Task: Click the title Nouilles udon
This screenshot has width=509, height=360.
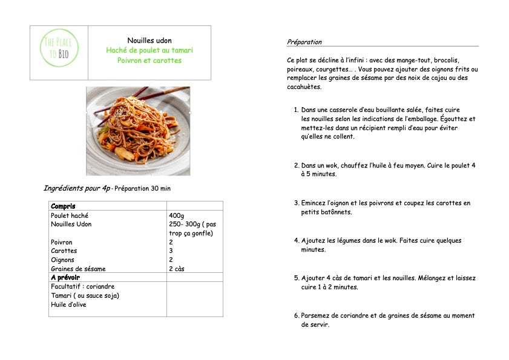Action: click(149, 41)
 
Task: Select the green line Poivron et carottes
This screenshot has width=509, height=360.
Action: click(149, 61)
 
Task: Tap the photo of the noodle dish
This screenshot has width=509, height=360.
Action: click(138, 131)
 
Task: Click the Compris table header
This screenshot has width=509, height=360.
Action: click(63, 206)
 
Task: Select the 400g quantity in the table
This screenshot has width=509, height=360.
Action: click(177, 215)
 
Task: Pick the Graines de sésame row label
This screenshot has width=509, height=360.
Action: click(78, 269)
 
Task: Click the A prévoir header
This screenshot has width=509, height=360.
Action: click(65, 278)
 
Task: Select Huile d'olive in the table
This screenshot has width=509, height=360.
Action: click(68, 304)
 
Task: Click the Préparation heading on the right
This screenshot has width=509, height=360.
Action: click(304, 42)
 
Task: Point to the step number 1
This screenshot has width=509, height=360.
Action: click(296, 110)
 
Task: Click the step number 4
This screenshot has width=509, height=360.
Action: click(296, 241)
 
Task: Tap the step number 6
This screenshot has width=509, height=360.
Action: click(296, 316)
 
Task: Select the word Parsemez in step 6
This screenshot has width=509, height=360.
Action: click(317, 316)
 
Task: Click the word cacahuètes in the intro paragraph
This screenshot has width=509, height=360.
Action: click(304, 87)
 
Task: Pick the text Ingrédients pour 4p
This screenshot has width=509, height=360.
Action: click(76, 188)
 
